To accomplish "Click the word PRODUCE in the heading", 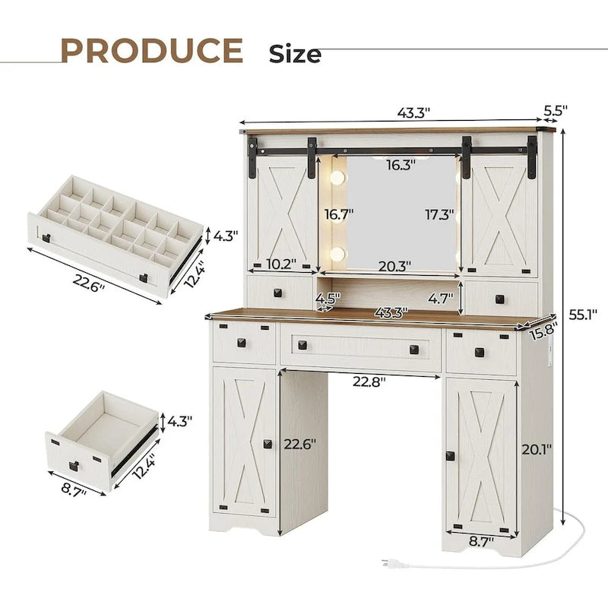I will coord(151,50).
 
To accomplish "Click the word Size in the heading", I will coord(295,54).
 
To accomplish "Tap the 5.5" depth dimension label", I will coord(556,110).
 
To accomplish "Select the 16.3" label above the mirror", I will coord(399,164).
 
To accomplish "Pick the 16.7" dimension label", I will coord(336,215).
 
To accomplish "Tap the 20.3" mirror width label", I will coord(395,266).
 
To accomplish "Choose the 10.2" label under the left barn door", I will coord(280,265).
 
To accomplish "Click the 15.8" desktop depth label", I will coord(543,332).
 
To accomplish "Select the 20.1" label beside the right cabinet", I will coord(537,449).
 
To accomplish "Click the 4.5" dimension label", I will coord(328,297).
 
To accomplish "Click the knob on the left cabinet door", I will coord(268,444).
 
